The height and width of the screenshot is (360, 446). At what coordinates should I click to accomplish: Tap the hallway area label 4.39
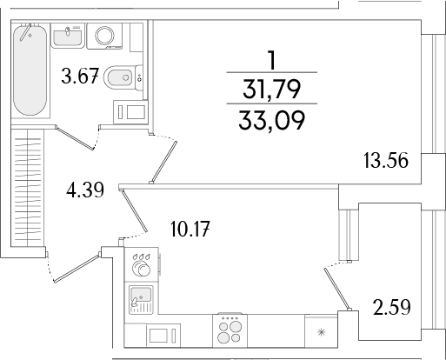(85, 190)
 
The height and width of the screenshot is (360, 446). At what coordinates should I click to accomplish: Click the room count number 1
(273, 59)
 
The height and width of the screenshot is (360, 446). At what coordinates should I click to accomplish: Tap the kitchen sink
(139, 300)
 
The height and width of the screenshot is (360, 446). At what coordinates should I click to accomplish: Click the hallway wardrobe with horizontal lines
(27, 187)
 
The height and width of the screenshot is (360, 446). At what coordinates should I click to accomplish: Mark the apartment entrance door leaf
(78, 264)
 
